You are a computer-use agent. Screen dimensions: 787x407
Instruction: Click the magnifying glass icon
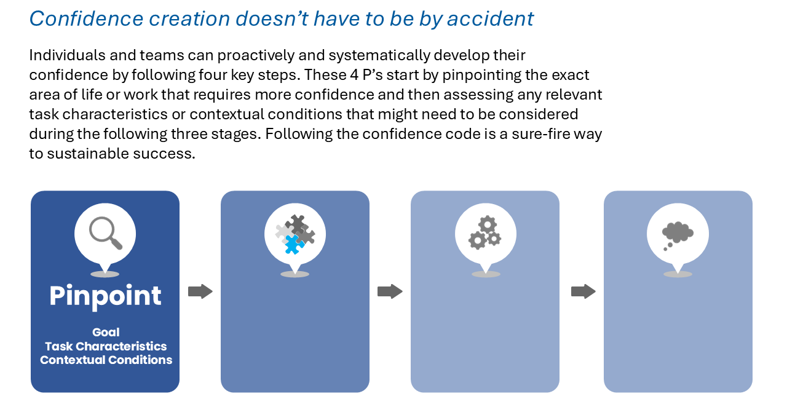click(105, 232)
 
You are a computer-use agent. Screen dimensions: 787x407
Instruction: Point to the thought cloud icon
click(678, 235)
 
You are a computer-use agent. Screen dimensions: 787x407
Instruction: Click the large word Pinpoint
click(105, 296)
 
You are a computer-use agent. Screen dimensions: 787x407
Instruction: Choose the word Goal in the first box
click(106, 332)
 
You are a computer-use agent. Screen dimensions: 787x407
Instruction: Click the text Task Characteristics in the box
click(106, 346)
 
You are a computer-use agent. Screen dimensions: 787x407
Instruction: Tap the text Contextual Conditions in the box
click(106, 360)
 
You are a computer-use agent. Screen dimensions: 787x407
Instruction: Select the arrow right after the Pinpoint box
click(200, 291)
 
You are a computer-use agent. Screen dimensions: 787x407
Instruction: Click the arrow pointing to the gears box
click(390, 291)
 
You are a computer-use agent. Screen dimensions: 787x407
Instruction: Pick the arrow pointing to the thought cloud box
click(583, 291)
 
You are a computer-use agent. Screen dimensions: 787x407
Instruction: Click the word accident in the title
click(490, 18)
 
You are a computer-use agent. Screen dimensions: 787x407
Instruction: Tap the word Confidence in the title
click(87, 18)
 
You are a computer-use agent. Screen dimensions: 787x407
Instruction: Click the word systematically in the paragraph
click(379, 56)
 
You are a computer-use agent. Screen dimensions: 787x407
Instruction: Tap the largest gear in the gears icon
click(478, 241)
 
